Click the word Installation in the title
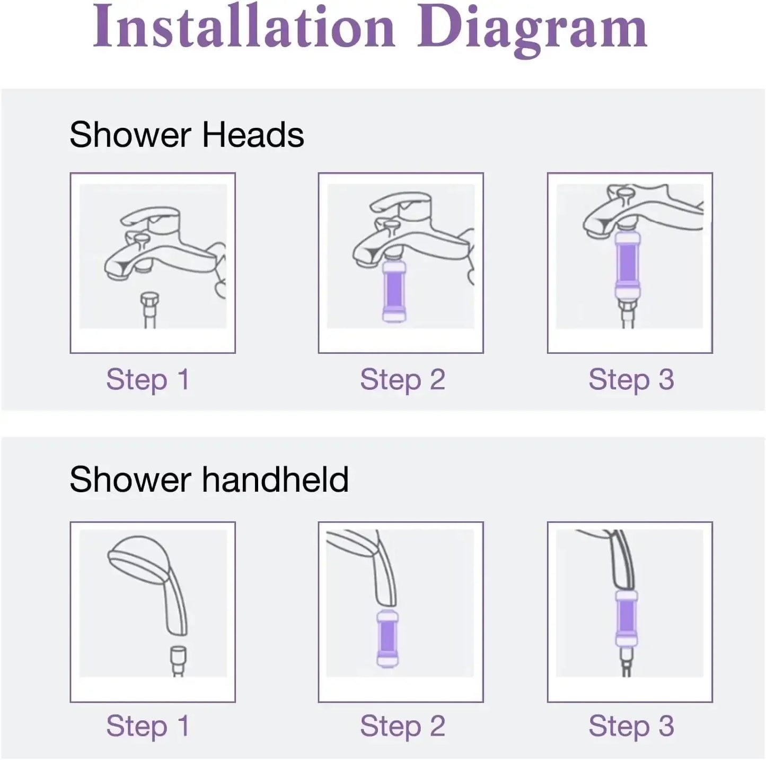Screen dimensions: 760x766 coord(244,28)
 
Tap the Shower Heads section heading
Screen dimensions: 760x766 coord(187,135)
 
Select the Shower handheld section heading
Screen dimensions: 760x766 coord(209,479)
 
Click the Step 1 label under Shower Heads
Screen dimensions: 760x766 coord(148,380)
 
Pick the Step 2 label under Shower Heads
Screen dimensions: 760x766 coord(402,380)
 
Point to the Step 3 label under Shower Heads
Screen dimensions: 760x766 coord(631,380)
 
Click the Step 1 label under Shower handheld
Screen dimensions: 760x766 coord(148,726)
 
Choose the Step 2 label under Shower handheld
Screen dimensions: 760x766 coord(402,726)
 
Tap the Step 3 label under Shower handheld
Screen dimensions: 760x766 coord(631,726)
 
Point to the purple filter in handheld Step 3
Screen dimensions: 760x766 coord(626,618)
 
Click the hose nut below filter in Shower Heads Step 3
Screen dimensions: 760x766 coord(628,308)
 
